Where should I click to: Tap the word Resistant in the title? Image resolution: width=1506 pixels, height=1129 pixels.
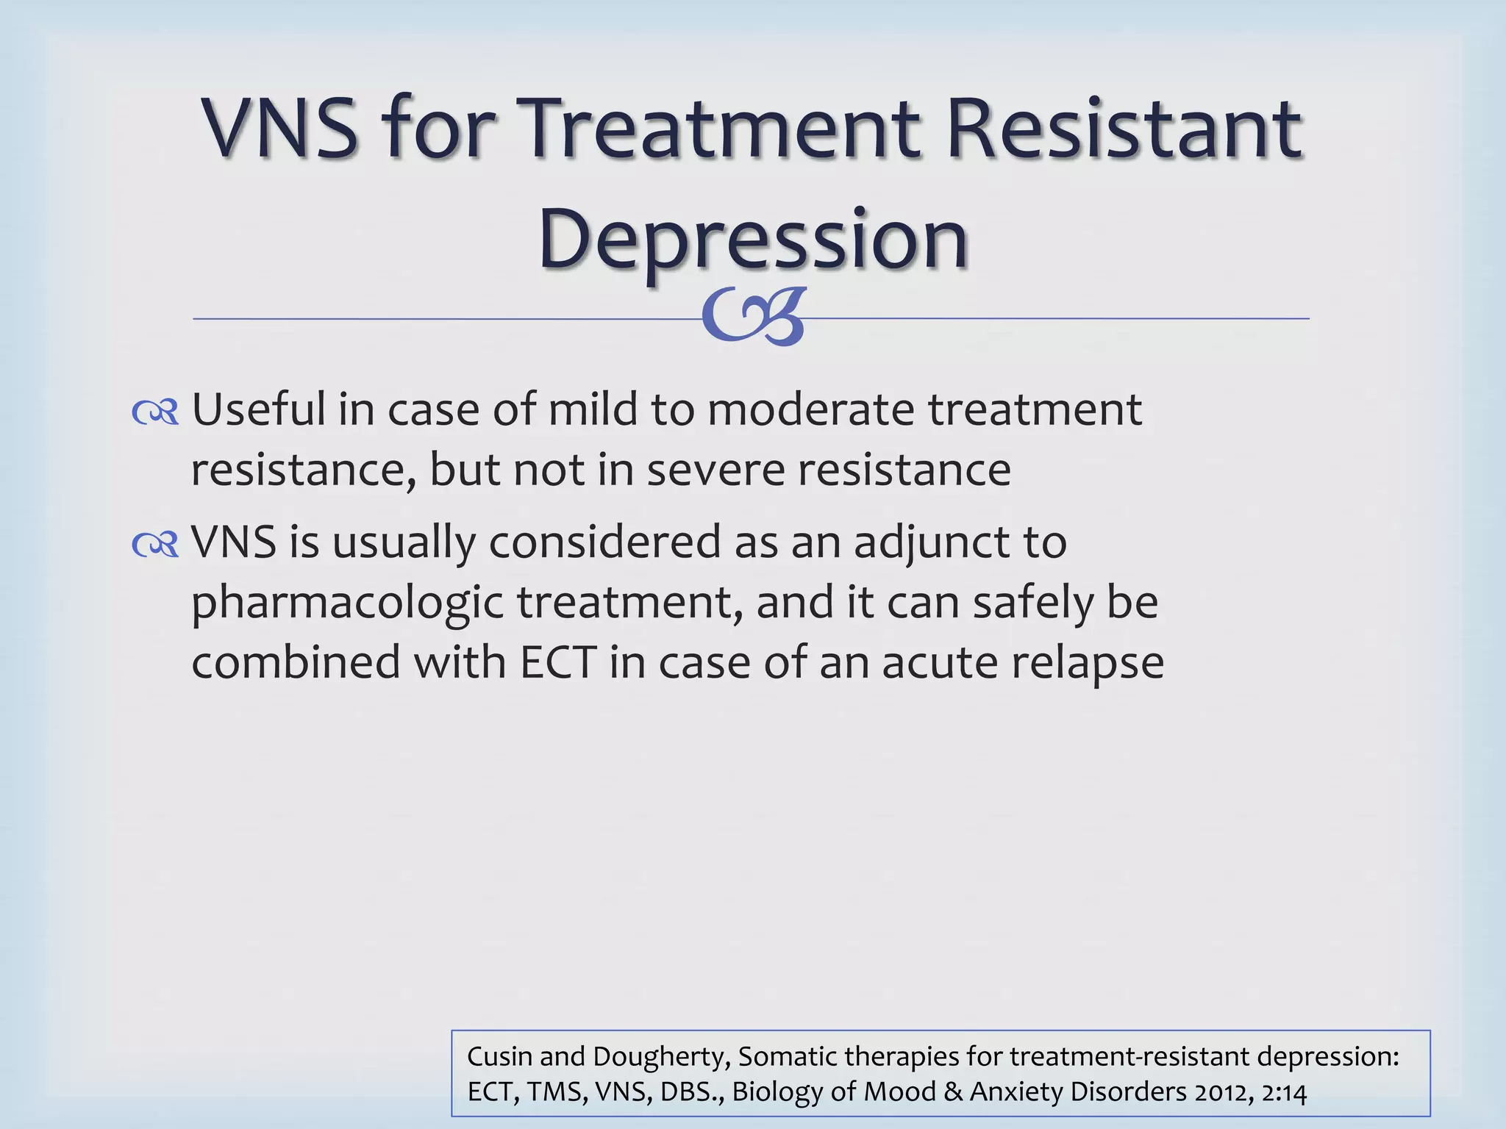click(x=1124, y=129)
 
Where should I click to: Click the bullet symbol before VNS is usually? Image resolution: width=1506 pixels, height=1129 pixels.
click(x=155, y=545)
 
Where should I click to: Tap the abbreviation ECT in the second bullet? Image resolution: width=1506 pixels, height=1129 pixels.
click(x=557, y=662)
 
